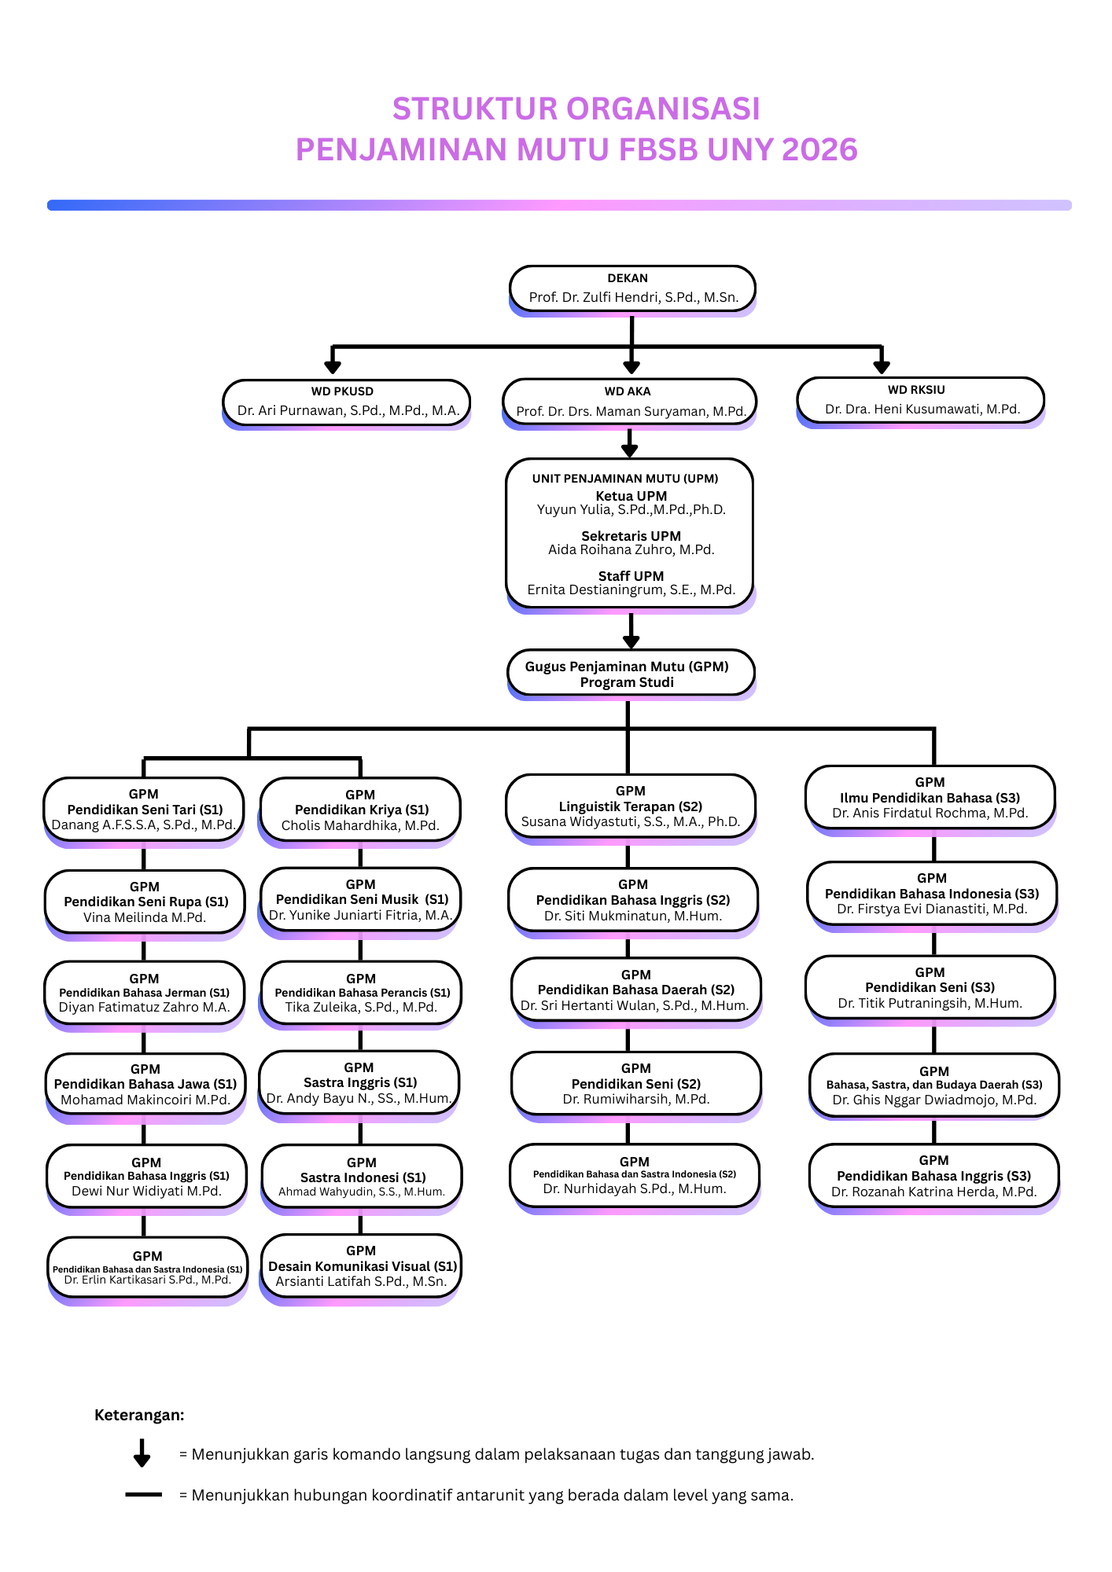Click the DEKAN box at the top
point(632,288)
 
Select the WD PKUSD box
point(346,402)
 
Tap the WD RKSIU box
point(920,400)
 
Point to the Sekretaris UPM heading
point(631,536)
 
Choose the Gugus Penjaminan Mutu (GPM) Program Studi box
point(630,674)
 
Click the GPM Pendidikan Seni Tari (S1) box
point(144,810)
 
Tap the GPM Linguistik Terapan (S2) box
point(631,806)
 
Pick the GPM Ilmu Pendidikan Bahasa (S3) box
point(930,798)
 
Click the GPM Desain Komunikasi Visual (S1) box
point(361,1266)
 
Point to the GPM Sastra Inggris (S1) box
point(359,1083)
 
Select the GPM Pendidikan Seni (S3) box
point(930,988)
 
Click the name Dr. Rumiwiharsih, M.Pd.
point(635,1100)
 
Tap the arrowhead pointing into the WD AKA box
point(631,367)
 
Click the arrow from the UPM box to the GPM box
point(631,631)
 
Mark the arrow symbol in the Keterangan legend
point(142,1453)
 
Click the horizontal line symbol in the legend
point(143,1494)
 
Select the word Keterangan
point(139,1415)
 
